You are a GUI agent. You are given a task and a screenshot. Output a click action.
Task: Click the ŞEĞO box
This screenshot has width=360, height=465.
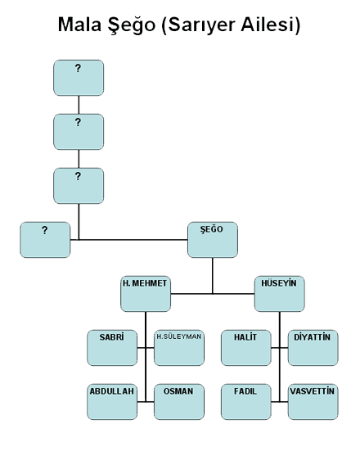point(213,240)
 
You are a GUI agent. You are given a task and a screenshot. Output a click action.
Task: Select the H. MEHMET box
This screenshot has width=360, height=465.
point(146,294)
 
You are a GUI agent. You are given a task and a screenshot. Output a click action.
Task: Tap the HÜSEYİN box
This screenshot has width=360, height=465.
point(279,294)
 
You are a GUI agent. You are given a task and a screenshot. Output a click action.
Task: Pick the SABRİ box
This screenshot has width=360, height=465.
point(112,348)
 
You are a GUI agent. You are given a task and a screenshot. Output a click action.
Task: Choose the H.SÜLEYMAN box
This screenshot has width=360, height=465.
point(179,348)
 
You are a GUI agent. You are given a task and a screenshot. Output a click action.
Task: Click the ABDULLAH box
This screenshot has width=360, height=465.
point(112,402)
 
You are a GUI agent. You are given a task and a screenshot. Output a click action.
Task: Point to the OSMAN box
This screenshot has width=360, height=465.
point(179,402)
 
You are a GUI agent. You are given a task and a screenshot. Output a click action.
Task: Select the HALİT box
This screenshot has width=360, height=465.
point(246,348)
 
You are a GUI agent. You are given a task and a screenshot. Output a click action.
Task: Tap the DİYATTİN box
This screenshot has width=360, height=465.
point(313,348)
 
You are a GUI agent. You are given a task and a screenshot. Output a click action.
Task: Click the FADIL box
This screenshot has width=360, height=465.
point(246,402)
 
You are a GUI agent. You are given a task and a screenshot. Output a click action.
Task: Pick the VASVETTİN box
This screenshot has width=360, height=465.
point(313,402)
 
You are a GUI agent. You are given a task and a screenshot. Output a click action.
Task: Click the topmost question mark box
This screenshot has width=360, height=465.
point(79,78)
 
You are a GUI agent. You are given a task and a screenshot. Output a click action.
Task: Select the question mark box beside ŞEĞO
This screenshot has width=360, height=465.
point(45,240)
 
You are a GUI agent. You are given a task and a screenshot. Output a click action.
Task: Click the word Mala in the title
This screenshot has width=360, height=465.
point(79,25)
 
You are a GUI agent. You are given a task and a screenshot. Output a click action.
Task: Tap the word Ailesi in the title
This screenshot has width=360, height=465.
point(271,25)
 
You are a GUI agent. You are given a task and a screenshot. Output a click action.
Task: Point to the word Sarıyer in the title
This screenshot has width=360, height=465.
point(199,25)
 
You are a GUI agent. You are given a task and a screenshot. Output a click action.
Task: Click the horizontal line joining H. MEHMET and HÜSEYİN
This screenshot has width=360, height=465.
point(213,294)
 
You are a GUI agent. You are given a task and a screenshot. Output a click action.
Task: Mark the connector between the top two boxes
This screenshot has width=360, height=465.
point(79,105)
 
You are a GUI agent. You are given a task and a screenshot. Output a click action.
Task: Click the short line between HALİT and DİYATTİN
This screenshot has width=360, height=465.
point(279,348)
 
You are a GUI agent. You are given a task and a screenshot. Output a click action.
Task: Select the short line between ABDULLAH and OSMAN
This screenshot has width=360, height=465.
point(146,402)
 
